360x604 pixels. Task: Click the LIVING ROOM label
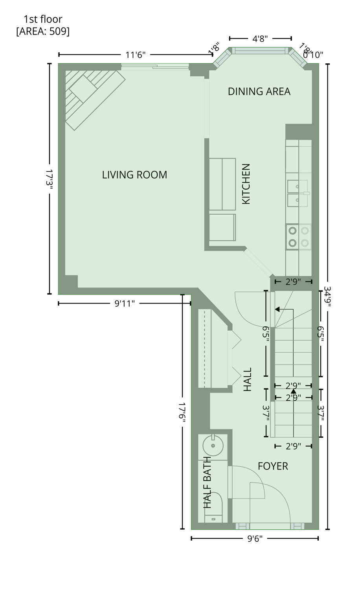click(x=134, y=175)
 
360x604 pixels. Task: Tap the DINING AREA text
click(x=259, y=92)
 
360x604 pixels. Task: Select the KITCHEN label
click(x=246, y=184)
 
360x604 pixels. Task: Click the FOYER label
click(x=273, y=466)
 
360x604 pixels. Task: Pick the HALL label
click(x=247, y=379)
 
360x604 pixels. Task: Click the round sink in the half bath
click(x=213, y=446)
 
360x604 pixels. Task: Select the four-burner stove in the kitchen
click(x=299, y=237)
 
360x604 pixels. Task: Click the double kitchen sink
click(x=298, y=193)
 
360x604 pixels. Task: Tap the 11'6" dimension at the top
click(x=136, y=55)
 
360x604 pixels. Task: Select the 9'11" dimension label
click(x=125, y=304)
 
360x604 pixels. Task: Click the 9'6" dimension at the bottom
click(x=255, y=539)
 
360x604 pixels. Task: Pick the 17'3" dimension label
click(x=50, y=179)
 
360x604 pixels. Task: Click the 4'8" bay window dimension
click(x=260, y=39)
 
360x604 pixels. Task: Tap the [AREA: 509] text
click(x=43, y=31)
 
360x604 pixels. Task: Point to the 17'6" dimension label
click(x=182, y=412)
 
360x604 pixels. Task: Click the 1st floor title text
click(x=43, y=19)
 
